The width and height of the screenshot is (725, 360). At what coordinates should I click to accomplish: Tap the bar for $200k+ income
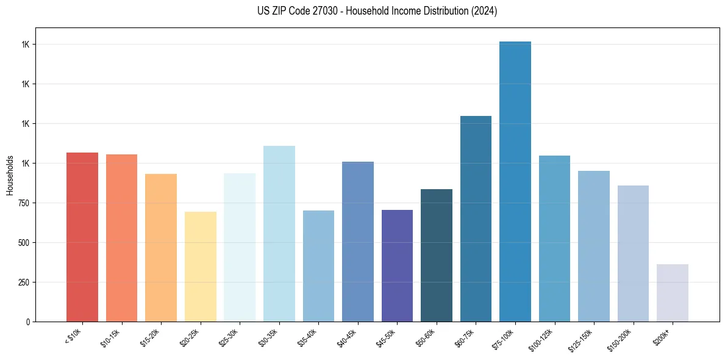click(673, 293)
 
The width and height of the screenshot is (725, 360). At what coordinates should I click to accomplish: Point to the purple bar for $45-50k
click(397, 265)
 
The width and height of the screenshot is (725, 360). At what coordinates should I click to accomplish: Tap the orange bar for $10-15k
click(121, 238)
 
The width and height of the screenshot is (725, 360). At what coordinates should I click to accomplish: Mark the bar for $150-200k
click(633, 253)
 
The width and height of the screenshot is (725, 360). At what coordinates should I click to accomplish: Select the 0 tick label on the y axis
click(27, 322)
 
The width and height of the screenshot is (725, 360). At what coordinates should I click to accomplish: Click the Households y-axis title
click(10, 175)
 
